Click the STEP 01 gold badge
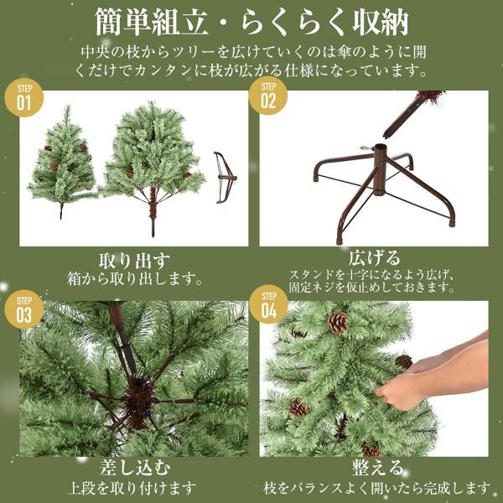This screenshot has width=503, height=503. click(23, 99)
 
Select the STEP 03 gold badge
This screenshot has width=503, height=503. click(23, 309)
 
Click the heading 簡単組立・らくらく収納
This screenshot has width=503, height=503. click(251, 20)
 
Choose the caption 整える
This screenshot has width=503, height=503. click(374, 468)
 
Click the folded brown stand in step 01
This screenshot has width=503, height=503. click(224, 177)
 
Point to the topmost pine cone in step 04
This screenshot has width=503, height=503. click(338, 322)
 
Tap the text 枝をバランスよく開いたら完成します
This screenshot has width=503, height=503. click(374, 487)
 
